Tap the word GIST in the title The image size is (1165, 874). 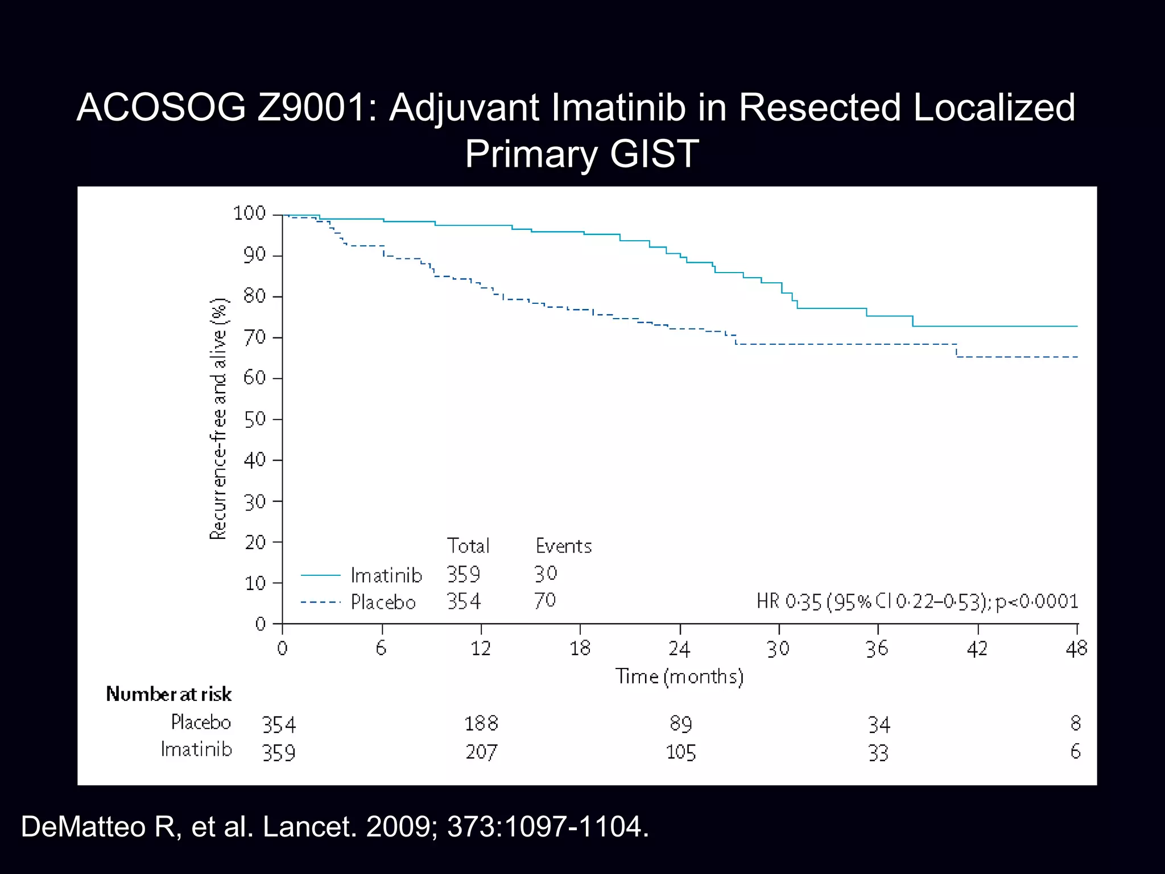(x=654, y=154)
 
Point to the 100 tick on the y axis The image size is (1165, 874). (x=250, y=213)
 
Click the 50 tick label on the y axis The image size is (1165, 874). (x=254, y=419)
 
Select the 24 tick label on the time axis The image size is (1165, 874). (x=679, y=649)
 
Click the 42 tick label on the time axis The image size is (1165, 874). (x=977, y=649)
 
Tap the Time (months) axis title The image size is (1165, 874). (x=679, y=677)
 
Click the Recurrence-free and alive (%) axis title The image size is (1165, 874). (x=218, y=419)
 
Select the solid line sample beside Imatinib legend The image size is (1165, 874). (x=320, y=575)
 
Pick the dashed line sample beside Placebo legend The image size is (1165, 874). (x=320, y=602)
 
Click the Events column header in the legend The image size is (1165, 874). (x=563, y=546)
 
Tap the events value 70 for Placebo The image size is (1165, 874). (x=544, y=600)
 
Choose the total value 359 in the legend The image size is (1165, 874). (x=463, y=574)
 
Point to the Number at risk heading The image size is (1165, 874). (x=169, y=694)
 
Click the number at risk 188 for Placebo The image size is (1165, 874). (x=481, y=724)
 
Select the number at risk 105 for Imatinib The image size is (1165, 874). (x=680, y=752)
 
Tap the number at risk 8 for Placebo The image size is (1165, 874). (x=1075, y=723)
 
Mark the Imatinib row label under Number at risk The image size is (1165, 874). (x=196, y=749)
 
